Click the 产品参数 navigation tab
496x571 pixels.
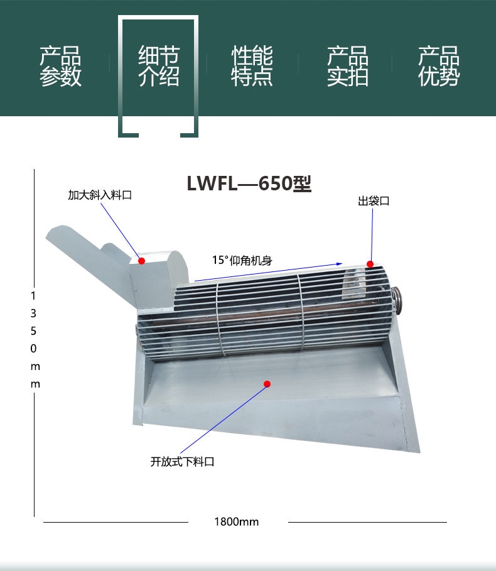[60, 66]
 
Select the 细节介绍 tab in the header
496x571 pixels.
[159, 66]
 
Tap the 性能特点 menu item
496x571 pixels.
[252, 66]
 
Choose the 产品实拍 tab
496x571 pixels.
[348, 66]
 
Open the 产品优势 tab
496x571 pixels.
[439, 66]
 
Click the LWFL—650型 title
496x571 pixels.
[249, 183]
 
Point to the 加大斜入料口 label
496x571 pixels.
[100, 195]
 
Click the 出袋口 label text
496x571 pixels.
[374, 201]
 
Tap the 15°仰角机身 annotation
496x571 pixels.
[242, 260]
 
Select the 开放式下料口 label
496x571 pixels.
[182, 462]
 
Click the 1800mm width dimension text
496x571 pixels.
[237, 522]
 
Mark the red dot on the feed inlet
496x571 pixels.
[141, 261]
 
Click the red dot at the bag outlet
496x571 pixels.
[370, 264]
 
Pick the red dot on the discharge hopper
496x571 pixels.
[267, 384]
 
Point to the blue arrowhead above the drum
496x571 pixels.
[340, 264]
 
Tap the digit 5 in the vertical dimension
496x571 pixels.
[33, 331]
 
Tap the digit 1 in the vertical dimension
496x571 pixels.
[33, 296]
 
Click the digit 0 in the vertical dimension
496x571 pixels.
[33, 349]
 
